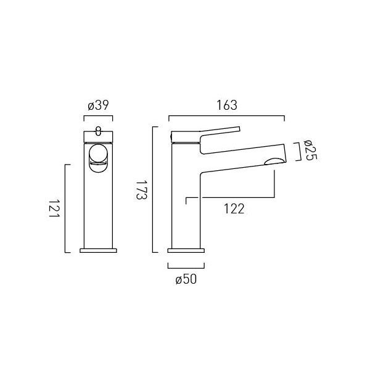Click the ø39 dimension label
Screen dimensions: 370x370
click(x=98, y=105)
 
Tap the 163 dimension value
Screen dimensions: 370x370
click(x=227, y=105)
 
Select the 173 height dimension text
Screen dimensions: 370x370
click(x=142, y=190)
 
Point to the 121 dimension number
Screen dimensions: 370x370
click(x=54, y=210)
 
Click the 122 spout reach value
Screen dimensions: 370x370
click(x=234, y=209)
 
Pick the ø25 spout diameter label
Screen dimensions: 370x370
click(x=311, y=150)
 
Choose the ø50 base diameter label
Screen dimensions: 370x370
click(x=186, y=279)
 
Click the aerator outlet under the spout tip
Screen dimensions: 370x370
click(x=274, y=161)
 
